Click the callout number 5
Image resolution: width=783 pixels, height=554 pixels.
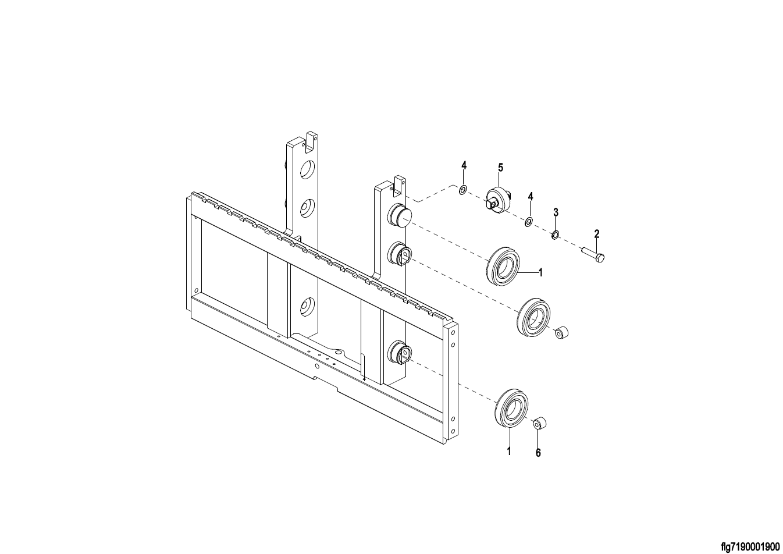tap(500, 168)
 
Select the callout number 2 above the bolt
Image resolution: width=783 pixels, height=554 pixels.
tap(597, 234)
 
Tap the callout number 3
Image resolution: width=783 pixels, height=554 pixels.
tap(556, 212)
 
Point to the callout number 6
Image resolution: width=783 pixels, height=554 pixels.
tap(538, 453)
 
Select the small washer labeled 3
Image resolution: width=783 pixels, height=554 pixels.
tap(555, 235)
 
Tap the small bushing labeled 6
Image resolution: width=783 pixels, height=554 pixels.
tap(540, 424)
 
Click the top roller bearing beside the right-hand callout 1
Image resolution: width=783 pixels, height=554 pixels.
tap(503, 266)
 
